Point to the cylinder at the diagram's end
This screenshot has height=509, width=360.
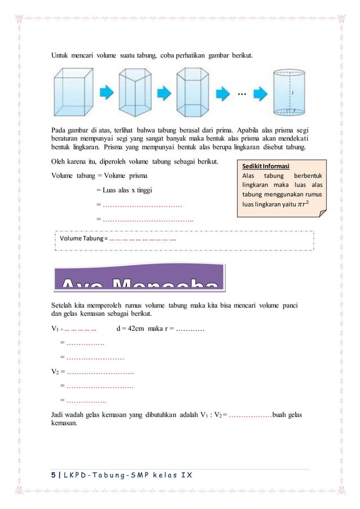288,92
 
